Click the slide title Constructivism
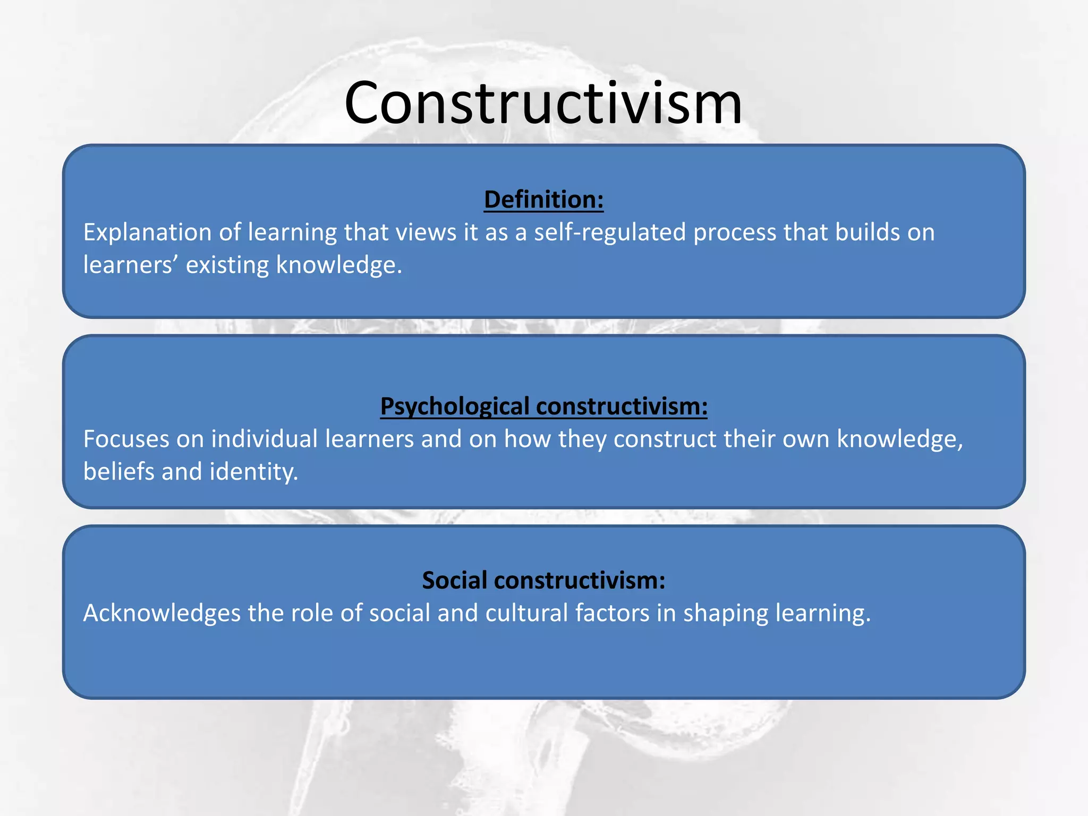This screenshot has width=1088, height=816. [543, 103]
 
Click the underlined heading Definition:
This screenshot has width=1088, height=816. [543, 200]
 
